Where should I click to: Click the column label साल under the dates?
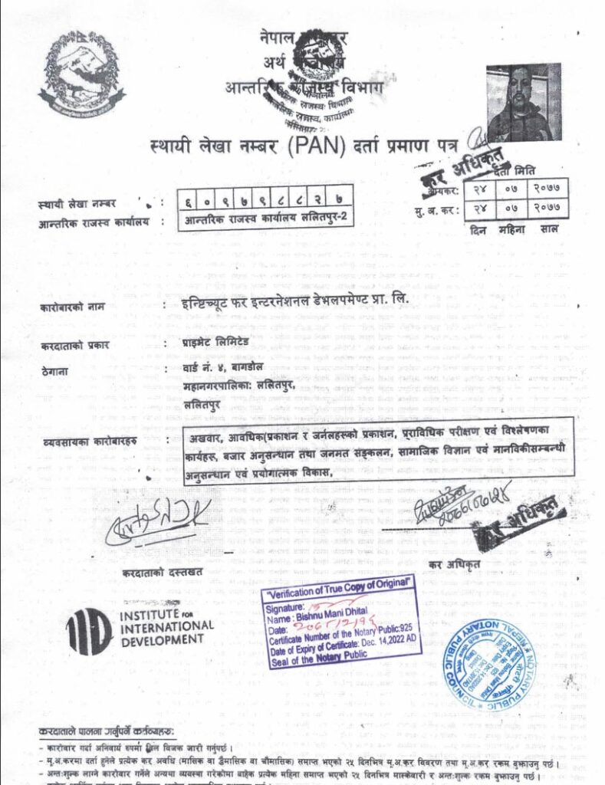[549, 228]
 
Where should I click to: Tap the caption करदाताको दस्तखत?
[162, 572]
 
